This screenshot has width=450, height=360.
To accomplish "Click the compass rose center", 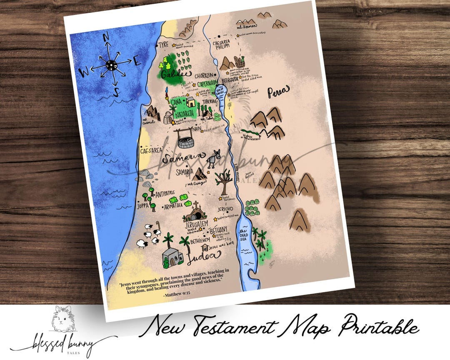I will [110, 65].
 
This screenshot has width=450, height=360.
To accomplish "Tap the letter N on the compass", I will [106, 37].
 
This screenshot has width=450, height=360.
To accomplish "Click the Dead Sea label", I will [244, 236].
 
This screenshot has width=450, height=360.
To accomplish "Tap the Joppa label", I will [142, 205].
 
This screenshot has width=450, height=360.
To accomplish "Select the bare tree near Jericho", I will [224, 180].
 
